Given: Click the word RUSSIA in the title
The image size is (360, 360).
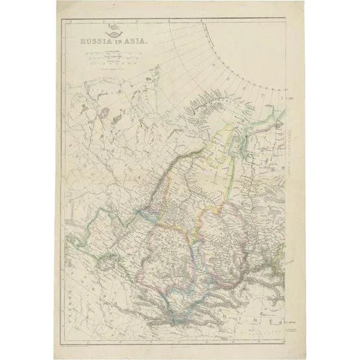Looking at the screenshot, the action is tap(92, 42).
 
